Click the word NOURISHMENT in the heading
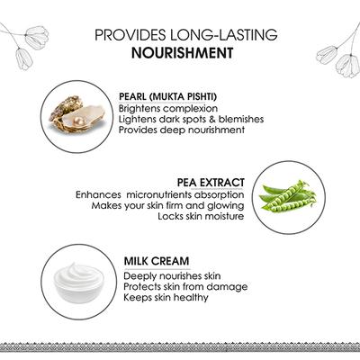(x=183, y=53)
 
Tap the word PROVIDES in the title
(x=131, y=35)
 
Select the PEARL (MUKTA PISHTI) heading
(x=167, y=97)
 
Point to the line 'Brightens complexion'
(x=168, y=109)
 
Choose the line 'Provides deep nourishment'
(x=182, y=130)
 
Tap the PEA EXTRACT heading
(x=211, y=183)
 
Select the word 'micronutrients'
(x=159, y=194)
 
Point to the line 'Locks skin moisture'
(x=201, y=216)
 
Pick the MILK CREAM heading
(x=157, y=261)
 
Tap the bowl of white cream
(x=78, y=282)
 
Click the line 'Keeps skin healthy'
(x=166, y=298)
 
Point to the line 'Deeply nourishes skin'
(x=172, y=276)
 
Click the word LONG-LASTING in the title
(x=224, y=35)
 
